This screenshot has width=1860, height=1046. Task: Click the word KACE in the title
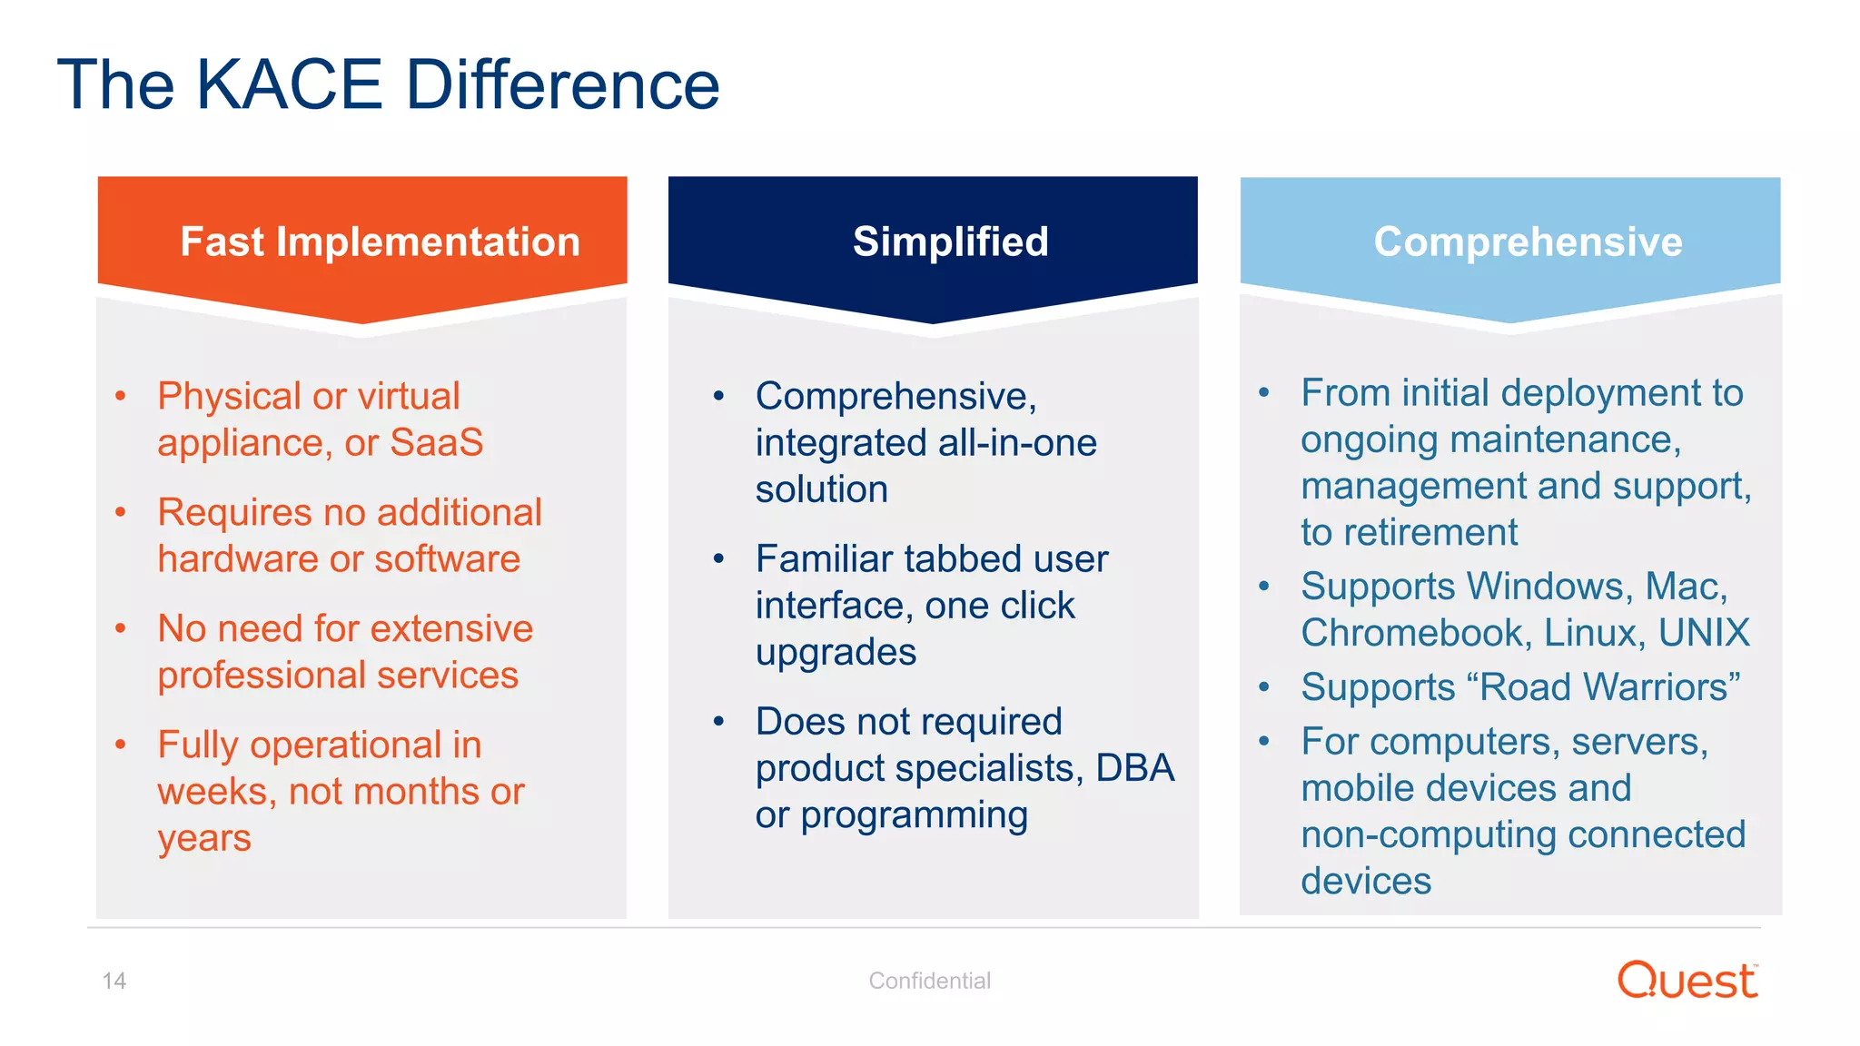point(289,85)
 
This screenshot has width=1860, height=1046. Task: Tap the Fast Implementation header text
point(380,242)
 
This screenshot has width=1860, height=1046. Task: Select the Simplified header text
point(950,242)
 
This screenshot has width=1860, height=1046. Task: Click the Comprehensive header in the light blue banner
point(1528,242)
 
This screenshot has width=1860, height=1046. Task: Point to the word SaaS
point(436,443)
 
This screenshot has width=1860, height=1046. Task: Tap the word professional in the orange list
point(261,676)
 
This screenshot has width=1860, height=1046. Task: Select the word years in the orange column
point(203,838)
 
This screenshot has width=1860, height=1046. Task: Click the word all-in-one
point(1017,443)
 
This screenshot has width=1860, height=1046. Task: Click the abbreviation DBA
point(1134,768)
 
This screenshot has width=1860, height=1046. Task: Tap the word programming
point(914,815)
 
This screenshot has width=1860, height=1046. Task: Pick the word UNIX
point(1704,633)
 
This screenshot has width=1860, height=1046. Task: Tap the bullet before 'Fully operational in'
point(120,745)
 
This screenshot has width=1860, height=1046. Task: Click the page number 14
point(114,981)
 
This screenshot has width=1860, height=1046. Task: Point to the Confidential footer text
point(929,981)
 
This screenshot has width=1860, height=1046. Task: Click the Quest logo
point(1687,981)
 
